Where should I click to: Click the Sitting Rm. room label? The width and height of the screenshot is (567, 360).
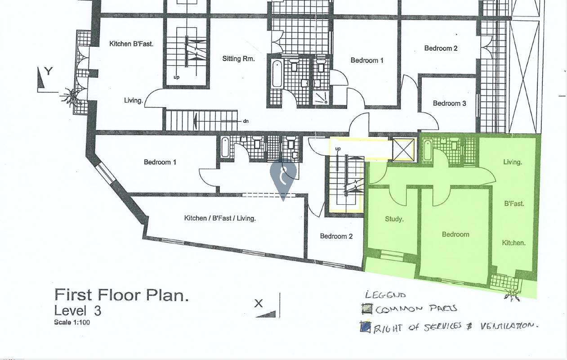(x=238, y=59)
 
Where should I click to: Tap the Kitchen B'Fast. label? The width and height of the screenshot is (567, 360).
(x=131, y=44)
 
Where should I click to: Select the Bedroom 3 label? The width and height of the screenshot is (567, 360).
(x=449, y=103)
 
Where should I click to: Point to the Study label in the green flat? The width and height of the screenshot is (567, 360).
(x=394, y=219)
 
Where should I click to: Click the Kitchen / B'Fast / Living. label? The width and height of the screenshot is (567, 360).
(x=220, y=218)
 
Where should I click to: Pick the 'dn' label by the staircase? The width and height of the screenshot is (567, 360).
(x=246, y=121)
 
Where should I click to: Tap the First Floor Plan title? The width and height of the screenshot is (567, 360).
(x=121, y=295)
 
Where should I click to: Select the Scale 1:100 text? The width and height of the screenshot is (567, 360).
(x=72, y=323)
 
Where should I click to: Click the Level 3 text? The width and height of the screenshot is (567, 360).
(x=78, y=311)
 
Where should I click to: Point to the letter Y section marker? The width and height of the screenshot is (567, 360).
(x=49, y=72)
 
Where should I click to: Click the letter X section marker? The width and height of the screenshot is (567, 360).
(x=259, y=303)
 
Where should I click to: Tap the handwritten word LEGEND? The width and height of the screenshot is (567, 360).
(x=385, y=295)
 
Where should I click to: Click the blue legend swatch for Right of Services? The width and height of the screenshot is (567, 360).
(x=365, y=327)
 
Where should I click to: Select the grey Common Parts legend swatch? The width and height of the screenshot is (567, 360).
(x=367, y=309)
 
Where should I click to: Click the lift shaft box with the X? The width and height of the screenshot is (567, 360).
(x=403, y=149)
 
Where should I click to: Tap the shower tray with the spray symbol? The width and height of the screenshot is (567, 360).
(x=321, y=98)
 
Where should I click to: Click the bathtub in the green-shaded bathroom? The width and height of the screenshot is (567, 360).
(x=428, y=150)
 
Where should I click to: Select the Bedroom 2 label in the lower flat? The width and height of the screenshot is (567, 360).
(x=336, y=236)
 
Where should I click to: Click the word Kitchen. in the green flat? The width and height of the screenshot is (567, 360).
(x=513, y=243)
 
